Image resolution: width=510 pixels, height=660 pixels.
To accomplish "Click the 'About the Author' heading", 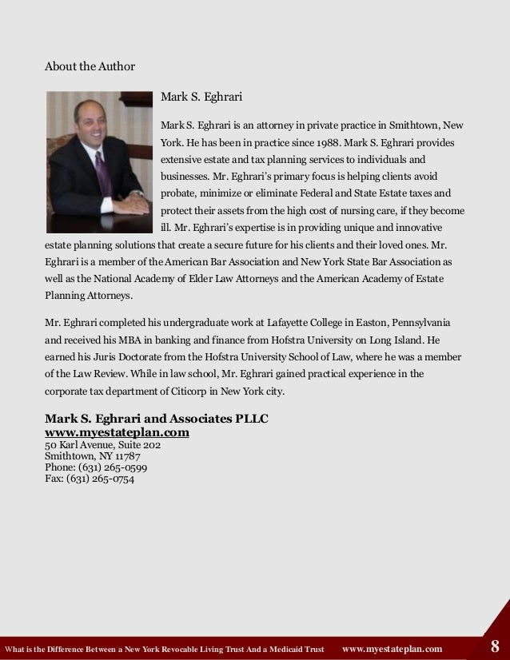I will (90, 66).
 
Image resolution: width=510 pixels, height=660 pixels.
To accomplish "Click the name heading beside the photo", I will (201, 97).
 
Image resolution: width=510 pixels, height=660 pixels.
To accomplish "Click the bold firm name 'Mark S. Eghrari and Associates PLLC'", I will (156, 419).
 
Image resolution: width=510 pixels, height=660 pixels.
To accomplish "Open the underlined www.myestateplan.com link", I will (117, 432).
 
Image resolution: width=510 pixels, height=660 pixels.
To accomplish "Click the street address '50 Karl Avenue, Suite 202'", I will (103, 445).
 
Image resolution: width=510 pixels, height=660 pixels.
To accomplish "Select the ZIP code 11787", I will (126, 456).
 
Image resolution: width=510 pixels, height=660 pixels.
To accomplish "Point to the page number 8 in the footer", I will (496, 647).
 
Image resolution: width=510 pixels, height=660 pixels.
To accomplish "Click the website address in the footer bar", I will (392, 649).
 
